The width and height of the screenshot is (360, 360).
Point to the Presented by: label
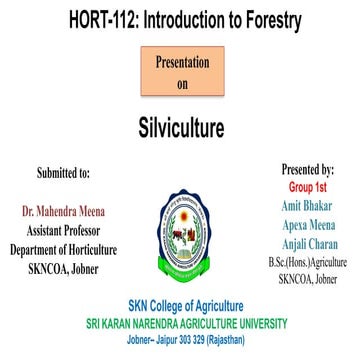point(308,170)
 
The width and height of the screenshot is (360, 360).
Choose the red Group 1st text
point(307,186)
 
